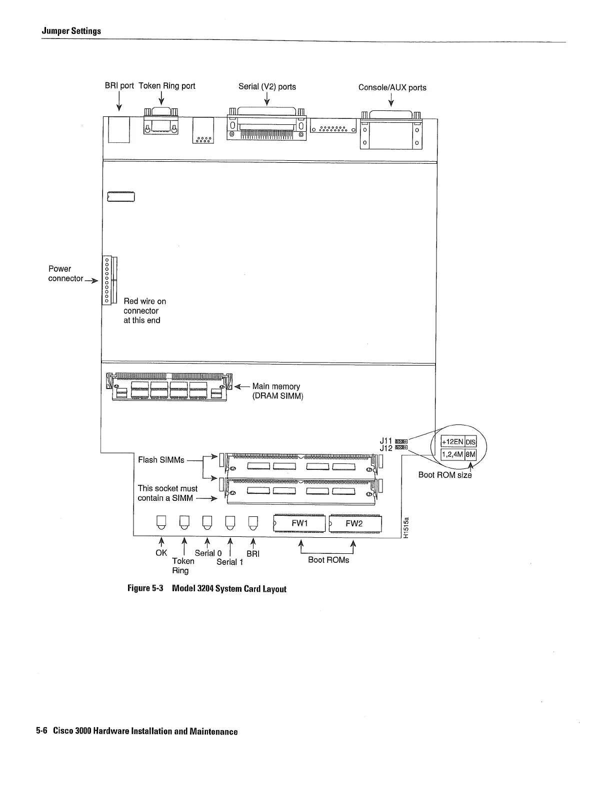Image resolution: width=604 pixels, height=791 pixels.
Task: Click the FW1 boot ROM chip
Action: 299,523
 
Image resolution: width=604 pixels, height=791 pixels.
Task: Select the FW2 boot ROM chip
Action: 355,523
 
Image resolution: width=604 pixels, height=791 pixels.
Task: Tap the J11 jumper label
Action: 385,441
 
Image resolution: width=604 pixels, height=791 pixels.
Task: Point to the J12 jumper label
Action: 385,448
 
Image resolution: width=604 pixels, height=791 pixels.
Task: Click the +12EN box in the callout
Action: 452,442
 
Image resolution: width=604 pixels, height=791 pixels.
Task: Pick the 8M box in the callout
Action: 471,454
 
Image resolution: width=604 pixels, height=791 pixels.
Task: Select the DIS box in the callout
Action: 471,442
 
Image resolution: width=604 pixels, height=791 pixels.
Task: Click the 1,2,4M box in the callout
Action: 452,454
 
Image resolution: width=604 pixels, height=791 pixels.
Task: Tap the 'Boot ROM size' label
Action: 444,475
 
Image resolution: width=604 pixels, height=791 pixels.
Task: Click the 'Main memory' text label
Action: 276,387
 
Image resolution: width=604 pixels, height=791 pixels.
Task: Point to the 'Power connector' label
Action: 65,274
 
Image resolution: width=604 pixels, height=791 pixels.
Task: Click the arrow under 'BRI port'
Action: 119,102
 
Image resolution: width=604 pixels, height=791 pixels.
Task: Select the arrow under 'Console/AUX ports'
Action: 391,101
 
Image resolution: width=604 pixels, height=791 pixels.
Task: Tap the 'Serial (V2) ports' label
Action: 267,87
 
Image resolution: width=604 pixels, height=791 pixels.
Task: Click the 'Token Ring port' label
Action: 166,86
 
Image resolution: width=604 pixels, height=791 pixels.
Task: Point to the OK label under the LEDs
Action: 161,553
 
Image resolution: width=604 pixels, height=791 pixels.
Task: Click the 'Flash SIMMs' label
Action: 161,460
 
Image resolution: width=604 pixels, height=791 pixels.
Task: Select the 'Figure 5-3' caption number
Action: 145,588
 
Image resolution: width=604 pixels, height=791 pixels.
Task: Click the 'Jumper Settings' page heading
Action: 71,31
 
